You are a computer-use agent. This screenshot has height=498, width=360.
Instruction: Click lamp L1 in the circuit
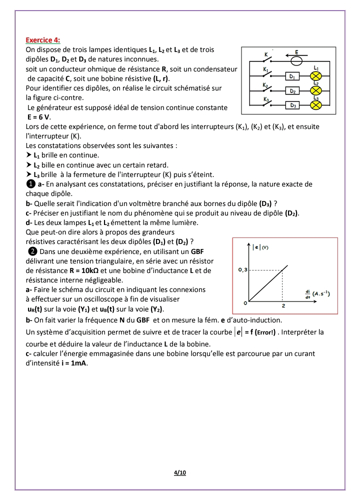315,76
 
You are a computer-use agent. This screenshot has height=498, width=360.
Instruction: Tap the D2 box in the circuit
293,91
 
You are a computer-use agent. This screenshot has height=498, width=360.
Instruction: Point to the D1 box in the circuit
293,76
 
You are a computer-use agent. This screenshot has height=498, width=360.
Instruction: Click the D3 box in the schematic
293,106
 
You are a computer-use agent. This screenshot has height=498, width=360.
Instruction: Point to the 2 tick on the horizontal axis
283,305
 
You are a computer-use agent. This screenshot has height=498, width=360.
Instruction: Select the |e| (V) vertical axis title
261,246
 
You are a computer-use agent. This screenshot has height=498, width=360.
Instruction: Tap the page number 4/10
180,472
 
